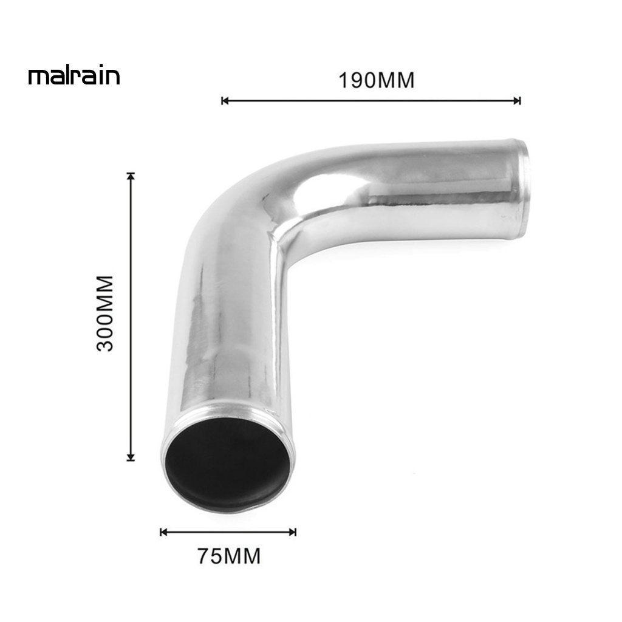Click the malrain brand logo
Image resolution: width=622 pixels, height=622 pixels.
pos(74,77)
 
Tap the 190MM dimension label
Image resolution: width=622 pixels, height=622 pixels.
pos(377,80)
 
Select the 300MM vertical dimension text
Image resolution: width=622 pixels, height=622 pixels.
pos(105,313)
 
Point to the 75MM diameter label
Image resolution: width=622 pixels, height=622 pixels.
pos(228,556)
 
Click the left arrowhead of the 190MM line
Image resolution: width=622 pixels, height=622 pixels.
pos(224,101)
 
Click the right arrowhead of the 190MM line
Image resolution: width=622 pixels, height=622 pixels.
pos(518,101)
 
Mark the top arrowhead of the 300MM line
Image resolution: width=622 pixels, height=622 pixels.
pos(131,176)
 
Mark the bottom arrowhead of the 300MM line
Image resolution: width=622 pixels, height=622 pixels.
pos(131,457)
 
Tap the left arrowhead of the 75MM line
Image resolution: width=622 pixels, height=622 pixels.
pos(163,533)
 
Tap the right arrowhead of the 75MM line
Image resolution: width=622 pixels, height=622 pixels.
pos(293,533)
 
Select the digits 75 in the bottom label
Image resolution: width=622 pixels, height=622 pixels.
pos(210,556)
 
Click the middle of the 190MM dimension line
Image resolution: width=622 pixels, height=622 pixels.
pos(371,101)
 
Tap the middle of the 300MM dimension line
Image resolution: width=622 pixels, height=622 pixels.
pos(131,316)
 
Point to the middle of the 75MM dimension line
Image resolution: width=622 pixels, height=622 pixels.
pos(228,533)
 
